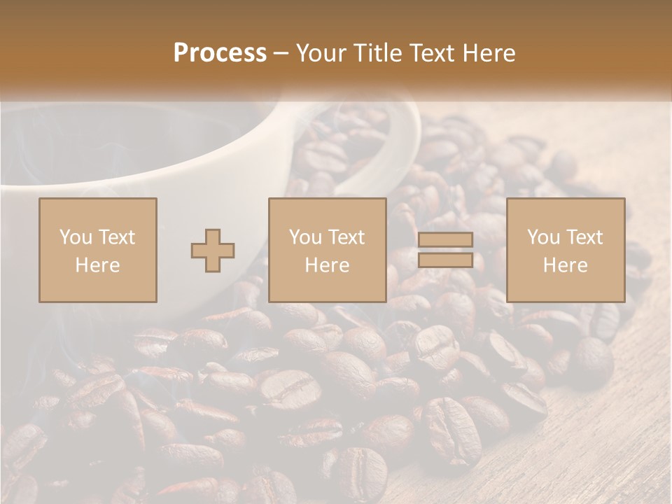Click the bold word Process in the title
point(220,53)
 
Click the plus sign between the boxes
point(213,251)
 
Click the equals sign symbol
point(445,250)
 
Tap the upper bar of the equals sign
point(445,240)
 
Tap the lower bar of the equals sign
point(445,260)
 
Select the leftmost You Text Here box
point(98,250)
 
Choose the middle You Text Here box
point(328,250)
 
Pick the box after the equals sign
point(566,250)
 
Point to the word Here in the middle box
point(328,265)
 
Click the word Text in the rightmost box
point(584,237)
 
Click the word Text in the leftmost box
point(116,237)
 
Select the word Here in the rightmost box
point(566,265)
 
